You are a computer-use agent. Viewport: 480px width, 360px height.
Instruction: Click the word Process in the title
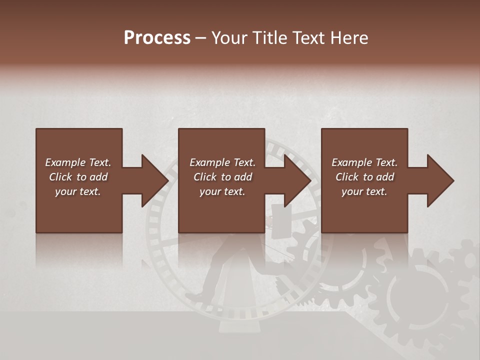point(157,38)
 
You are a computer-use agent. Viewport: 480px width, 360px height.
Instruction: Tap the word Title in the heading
point(270,38)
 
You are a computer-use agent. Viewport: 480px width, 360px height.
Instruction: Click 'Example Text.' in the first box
point(78,162)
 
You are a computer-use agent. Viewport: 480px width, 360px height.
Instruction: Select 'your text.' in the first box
point(78,191)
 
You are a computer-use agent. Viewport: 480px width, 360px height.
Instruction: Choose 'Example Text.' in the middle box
point(222,162)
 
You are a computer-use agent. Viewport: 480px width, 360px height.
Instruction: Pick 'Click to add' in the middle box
point(222,177)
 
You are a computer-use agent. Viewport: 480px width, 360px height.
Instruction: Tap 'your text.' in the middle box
point(222,191)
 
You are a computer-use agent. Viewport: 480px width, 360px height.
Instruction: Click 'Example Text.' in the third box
point(364,162)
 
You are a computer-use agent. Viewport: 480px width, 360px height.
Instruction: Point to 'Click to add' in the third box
point(364,177)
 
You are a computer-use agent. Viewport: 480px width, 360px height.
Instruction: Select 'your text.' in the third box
point(364,191)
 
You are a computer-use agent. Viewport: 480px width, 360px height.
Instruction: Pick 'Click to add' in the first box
point(78,177)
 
